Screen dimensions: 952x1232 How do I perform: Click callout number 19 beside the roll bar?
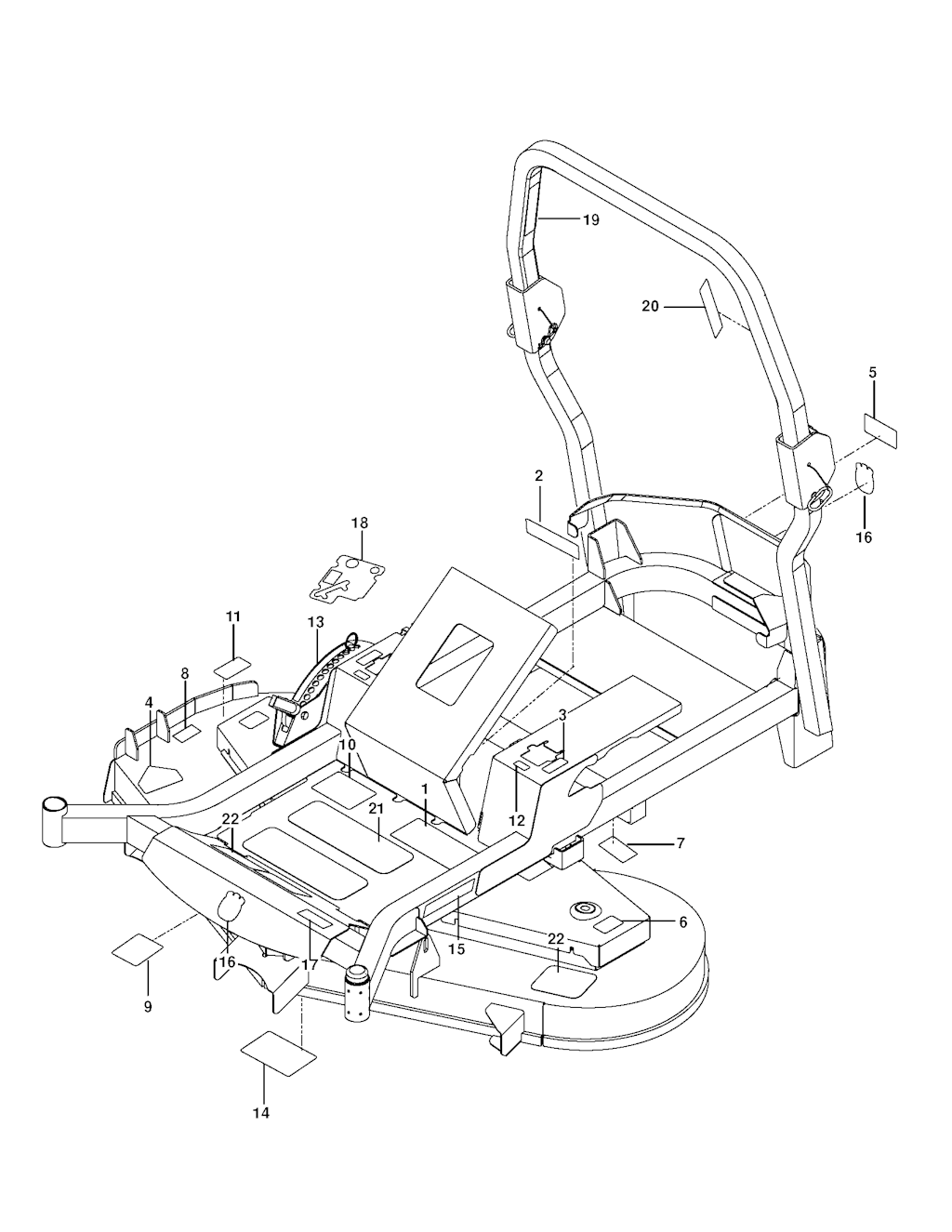coord(590,219)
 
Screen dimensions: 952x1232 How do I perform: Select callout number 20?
coord(650,306)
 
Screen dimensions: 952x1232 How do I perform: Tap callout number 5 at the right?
coord(872,373)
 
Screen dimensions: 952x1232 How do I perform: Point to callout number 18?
coord(360,523)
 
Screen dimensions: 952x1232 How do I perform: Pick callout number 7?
coord(681,843)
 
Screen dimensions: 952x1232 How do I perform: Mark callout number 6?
coord(682,922)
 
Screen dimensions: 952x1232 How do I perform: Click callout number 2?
coord(538,476)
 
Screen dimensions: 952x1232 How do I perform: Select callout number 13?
coord(316,622)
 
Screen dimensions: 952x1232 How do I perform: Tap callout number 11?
coord(233,616)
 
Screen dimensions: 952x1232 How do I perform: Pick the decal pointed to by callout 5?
coord(880,431)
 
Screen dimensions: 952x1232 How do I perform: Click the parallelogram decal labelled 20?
coord(712,308)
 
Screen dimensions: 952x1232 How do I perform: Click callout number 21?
coord(376,809)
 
